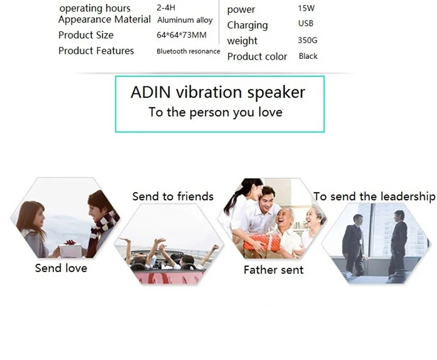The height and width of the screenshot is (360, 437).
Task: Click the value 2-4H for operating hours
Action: pos(166,8)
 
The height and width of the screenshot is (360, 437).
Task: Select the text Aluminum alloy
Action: pos(185,20)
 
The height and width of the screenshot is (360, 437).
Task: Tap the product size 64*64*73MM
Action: pos(181,35)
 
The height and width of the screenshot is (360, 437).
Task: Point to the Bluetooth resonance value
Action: pos(188,51)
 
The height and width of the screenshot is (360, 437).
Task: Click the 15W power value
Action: pos(306,8)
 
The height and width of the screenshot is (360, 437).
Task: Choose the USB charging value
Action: pos(305,23)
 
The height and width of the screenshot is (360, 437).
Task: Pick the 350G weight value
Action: pos(307,41)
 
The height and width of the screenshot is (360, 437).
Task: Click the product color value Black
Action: pos(308,56)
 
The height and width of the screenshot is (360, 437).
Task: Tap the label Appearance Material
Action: pos(104,19)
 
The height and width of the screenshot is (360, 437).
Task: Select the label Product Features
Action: pos(96,51)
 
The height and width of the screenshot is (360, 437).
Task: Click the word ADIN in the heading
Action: pos(147,92)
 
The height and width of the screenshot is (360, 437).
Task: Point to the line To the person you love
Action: pos(215,112)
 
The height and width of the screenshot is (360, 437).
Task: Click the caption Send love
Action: pos(61,268)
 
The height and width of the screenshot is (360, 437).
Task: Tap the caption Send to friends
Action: pos(173,197)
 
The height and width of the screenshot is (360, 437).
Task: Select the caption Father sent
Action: pos(273,270)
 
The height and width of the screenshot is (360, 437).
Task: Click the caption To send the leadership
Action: pos(374,197)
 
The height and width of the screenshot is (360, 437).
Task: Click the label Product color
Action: pos(257,57)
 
